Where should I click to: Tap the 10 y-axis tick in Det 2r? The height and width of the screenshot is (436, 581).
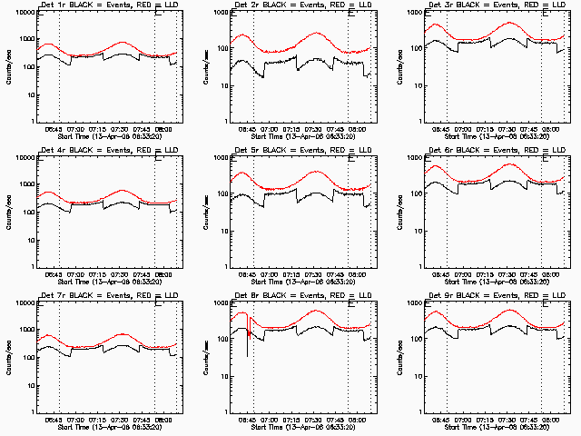pyautogui.click(x=222, y=86)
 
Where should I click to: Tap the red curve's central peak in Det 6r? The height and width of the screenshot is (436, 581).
pyautogui.click(x=511, y=164)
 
